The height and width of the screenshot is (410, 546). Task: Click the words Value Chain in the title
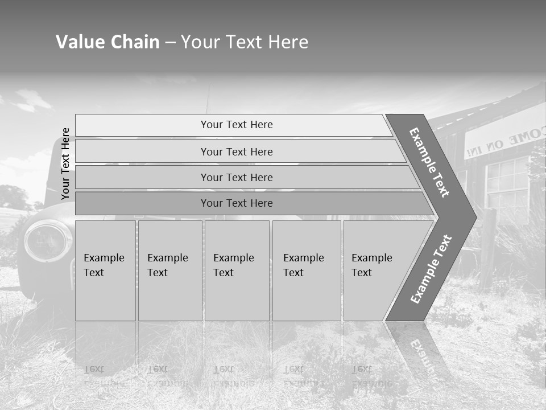107,42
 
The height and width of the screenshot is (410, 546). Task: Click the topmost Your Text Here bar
237,125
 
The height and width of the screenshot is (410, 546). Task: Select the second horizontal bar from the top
237,151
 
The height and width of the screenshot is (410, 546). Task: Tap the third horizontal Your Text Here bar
237,177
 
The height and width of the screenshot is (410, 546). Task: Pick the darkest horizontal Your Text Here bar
237,203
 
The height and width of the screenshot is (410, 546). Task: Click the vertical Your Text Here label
66,163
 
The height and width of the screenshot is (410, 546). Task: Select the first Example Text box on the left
105,270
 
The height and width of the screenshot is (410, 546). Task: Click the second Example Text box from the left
169,270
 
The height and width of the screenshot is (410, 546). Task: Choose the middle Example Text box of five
237,270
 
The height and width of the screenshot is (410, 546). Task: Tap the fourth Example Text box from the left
306,270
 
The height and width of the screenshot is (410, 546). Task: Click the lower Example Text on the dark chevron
431,269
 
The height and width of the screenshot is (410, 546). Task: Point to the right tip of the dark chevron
475,217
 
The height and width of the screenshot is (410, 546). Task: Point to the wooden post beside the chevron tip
487,239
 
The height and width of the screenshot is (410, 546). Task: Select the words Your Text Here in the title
245,42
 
